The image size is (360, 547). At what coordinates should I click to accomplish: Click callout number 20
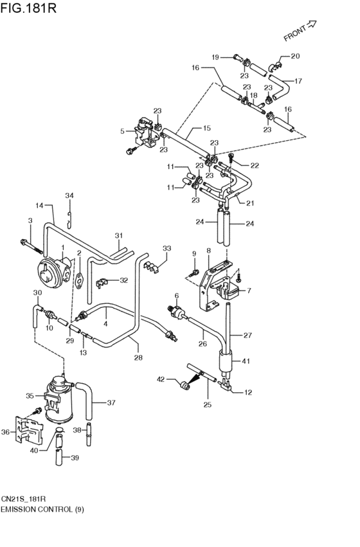(295, 57)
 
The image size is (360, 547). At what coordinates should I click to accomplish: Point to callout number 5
(122, 131)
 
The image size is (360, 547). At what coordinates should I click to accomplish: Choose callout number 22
(255, 165)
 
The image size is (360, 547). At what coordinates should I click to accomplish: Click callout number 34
(69, 195)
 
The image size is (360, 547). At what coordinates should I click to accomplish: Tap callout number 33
(167, 248)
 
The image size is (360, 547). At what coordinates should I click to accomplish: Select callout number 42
(161, 379)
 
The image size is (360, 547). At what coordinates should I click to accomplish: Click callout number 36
(6, 432)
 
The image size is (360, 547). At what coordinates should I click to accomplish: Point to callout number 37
(111, 403)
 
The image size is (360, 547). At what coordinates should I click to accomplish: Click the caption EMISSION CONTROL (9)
(42, 509)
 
